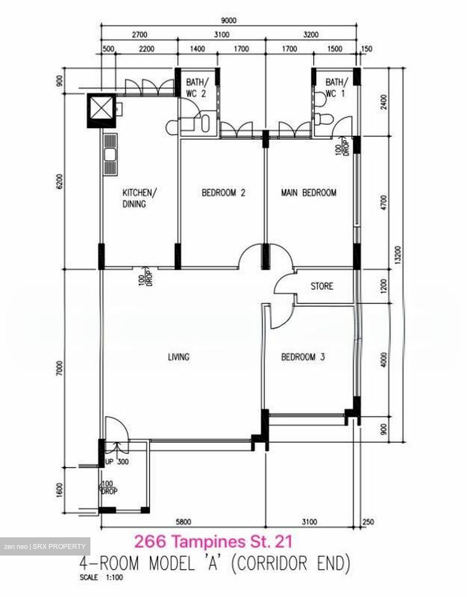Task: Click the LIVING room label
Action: [x=178, y=357]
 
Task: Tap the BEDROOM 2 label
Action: [x=223, y=193]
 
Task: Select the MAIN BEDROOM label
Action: [x=309, y=193]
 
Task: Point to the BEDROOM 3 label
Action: [x=303, y=357]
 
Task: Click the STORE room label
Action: [x=322, y=286]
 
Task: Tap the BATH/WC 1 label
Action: [x=336, y=87]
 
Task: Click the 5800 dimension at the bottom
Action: [x=183, y=522]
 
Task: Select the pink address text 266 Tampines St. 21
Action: [x=214, y=541]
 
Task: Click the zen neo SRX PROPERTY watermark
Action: [x=45, y=546]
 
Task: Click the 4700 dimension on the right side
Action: [x=384, y=203]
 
